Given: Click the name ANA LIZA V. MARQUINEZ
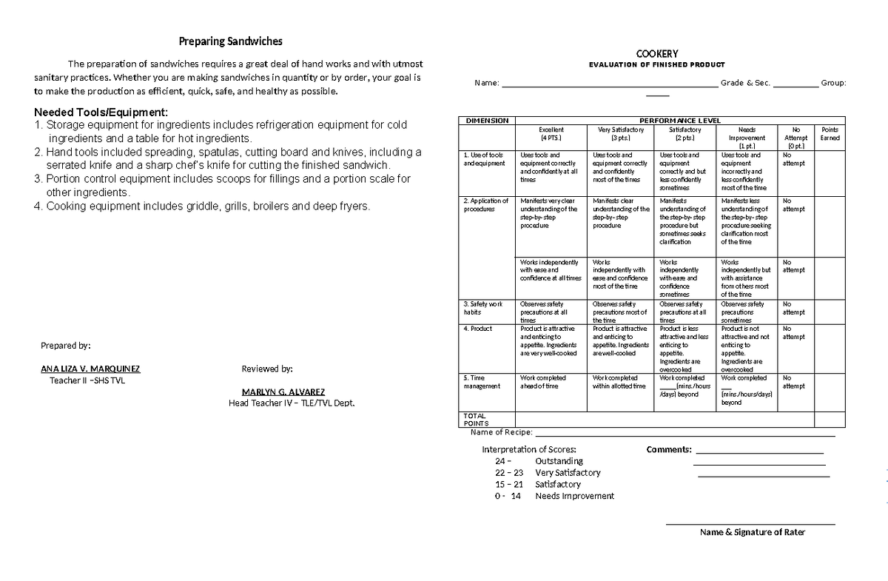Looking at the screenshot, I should pyautogui.click(x=90, y=369).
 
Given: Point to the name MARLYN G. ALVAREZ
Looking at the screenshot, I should pyautogui.click(x=283, y=392).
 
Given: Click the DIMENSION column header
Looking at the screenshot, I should pyautogui.click(x=486, y=121).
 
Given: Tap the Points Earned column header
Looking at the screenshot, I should pyautogui.click(x=830, y=134).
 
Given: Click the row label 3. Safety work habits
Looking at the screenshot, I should pyautogui.click(x=483, y=308).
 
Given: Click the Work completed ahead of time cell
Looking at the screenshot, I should pyautogui.click(x=543, y=382).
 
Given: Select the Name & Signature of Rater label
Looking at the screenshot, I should pyautogui.click(x=753, y=532).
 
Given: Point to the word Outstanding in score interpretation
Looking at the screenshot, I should pyautogui.click(x=559, y=461).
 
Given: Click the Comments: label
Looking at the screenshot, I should pyautogui.click(x=669, y=449).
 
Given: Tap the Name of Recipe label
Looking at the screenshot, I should pyautogui.click(x=501, y=432).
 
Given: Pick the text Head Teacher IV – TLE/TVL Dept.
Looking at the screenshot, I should pyautogui.click(x=292, y=403).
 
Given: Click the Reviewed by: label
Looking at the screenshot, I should pyautogui.click(x=267, y=369).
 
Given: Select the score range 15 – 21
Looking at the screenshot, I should pyautogui.click(x=509, y=484).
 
